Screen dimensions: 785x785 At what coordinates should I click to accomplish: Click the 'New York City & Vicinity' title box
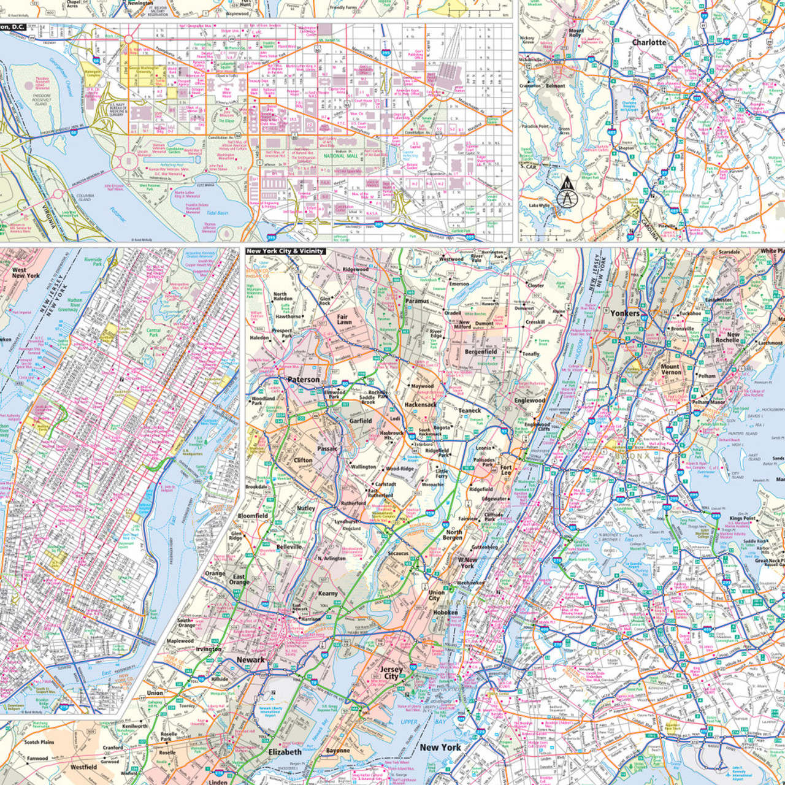point(285,251)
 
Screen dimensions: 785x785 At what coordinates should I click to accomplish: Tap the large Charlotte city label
point(649,42)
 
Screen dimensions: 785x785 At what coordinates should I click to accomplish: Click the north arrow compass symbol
point(567,193)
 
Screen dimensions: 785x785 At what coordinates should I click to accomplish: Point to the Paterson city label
point(304,380)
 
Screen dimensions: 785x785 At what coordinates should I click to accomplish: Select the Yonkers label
point(625,313)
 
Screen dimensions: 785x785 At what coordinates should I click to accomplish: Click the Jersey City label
point(391,673)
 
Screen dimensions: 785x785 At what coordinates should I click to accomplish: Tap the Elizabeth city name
point(285,752)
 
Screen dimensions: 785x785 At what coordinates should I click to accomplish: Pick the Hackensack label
point(421,405)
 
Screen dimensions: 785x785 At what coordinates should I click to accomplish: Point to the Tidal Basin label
point(216,213)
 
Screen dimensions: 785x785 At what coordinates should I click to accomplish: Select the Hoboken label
point(445,612)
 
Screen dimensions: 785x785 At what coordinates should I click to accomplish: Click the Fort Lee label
point(506,470)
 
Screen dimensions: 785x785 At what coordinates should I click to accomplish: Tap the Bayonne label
point(338,751)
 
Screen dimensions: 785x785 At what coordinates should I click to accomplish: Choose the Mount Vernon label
point(670,369)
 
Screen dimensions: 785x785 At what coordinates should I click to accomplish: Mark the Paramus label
point(417,301)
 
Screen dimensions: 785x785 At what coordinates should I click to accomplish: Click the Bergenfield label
point(481,352)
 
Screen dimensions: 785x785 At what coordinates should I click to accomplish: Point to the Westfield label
point(83,767)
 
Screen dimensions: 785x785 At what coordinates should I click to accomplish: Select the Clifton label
point(303,460)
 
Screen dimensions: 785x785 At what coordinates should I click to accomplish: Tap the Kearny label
point(327,593)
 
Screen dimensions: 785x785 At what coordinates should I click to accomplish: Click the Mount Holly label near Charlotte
point(576,33)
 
